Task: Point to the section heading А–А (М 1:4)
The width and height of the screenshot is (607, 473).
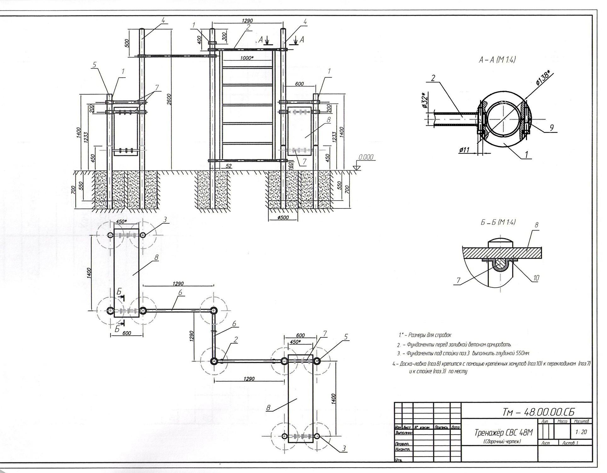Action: click(x=497, y=60)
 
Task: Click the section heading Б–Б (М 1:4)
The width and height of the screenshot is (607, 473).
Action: click(x=498, y=222)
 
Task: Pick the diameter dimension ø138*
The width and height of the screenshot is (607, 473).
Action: click(x=545, y=78)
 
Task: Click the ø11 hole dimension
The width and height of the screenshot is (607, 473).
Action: click(x=464, y=150)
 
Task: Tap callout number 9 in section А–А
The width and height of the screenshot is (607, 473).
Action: click(x=552, y=128)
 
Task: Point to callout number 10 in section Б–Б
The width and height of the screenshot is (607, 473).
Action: click(x=536, y=278)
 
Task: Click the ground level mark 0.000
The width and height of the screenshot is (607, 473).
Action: click(x=366, y=157)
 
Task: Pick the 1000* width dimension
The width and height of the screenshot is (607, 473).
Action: click(x=246, y=58)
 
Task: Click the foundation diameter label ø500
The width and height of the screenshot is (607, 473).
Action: click(x=283, y=218)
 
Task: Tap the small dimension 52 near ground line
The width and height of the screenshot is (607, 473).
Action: click(x=229, y=166)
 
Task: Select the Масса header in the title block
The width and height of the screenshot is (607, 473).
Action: click(x=562, y=421)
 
